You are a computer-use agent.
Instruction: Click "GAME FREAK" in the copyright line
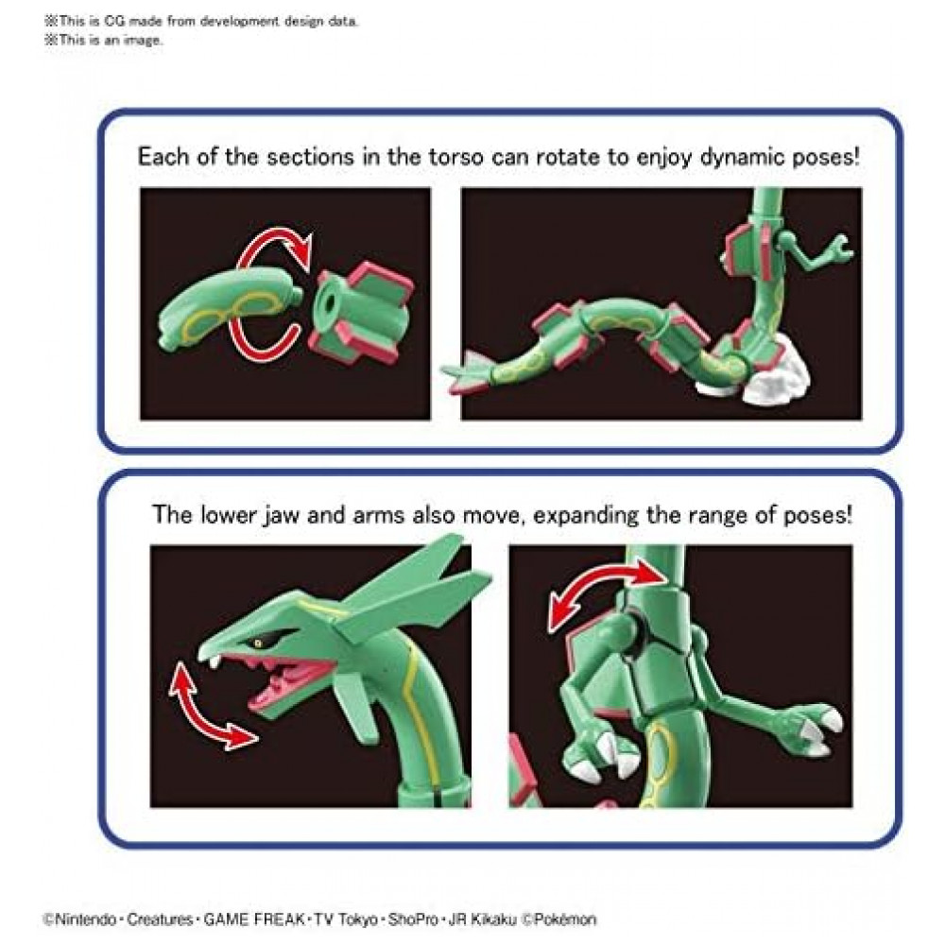(x=253, y=919)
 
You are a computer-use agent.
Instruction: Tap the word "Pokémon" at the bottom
(x=565, y=919)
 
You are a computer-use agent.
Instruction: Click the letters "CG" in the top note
(x=113, y=21)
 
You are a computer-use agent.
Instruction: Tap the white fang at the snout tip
(x=212, y=661)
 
